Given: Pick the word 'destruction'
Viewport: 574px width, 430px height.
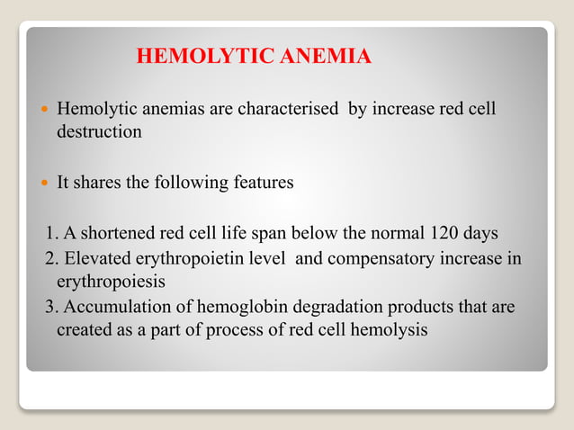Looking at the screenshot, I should coord(99,131).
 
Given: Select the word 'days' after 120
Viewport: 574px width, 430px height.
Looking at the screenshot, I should coord(480,235).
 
